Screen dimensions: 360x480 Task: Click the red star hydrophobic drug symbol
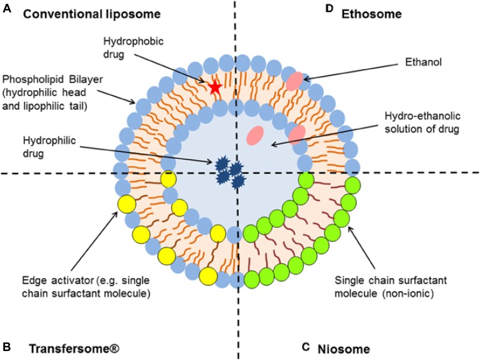[x=214, y=87]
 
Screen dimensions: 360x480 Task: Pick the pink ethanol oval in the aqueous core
[x=255, y=135]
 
